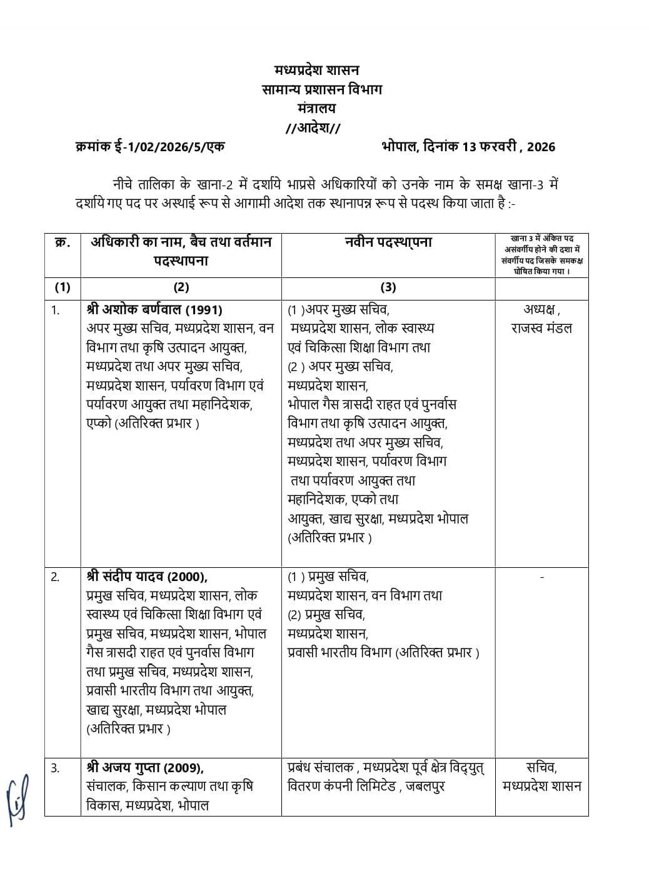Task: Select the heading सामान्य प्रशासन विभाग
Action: [322, 89]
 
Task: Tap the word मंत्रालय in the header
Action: [316, 108]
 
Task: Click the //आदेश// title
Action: [313, 127]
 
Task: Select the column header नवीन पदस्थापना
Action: [388, 242]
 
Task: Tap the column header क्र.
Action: [62, 242]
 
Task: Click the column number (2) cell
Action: [181, 287]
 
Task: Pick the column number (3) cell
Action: [388, 287]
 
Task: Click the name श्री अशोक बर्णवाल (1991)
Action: [154, 310]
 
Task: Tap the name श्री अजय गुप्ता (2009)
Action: [145, 767]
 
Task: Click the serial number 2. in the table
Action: [56, 577]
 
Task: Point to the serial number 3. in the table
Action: [56, 768]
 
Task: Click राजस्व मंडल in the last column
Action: [541, 329]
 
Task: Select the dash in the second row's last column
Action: [541, 577]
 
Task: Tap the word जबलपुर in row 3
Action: [425, 786]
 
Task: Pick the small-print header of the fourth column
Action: [541, 255]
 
